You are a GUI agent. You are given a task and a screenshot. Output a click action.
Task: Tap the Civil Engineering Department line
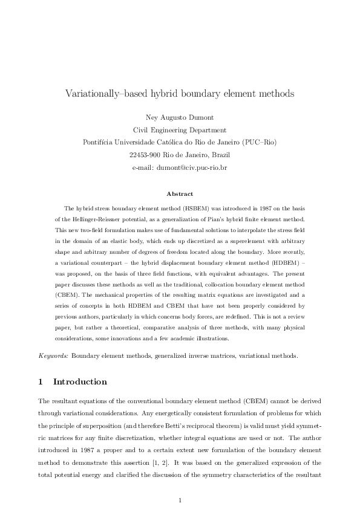[x=179, y=129]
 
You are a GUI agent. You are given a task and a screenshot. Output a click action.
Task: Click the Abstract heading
[x=180, y=194]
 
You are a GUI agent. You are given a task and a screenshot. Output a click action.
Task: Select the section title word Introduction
[x=80, y=381]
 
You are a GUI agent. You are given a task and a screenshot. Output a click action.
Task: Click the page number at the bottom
[x=180, y=483]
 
